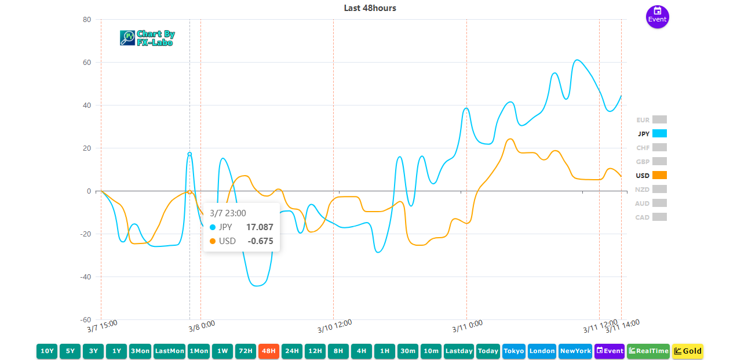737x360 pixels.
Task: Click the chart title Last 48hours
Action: point(370,8)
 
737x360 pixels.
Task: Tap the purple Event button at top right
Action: point(657,16)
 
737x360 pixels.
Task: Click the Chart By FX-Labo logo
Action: point(147,38)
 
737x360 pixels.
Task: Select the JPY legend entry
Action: point(651,133)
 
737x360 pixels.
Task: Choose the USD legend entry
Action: point(651,175)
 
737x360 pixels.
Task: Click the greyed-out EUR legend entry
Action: point(651,120)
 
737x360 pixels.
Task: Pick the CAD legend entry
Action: point(651,217)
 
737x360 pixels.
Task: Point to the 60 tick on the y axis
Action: point(86,63)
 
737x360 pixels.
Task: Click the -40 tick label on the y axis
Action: point(85,277)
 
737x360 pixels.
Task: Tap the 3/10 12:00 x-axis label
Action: point(335,326)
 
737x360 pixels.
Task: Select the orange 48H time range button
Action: point(269,351)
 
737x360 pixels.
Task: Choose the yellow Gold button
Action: point(688,351)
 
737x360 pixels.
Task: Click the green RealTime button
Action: point(648,351)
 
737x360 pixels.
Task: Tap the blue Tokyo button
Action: point(514,351)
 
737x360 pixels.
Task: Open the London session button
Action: point(542,351)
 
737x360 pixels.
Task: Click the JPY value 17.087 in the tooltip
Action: point(259,227)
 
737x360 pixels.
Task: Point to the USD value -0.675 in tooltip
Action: point(260,241)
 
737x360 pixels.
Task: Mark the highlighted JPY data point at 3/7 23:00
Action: point(189,154)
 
